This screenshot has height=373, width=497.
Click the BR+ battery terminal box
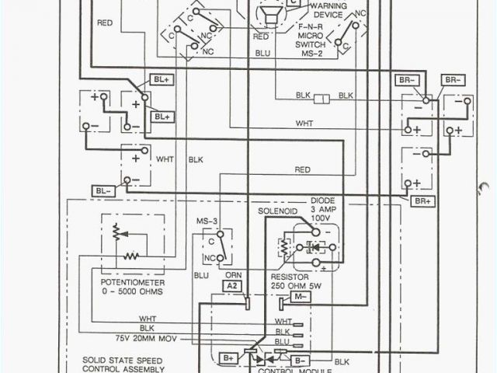[423, 201]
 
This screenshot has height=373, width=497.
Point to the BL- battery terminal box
[103, 190]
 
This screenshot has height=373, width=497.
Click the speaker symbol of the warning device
[269, 17]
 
